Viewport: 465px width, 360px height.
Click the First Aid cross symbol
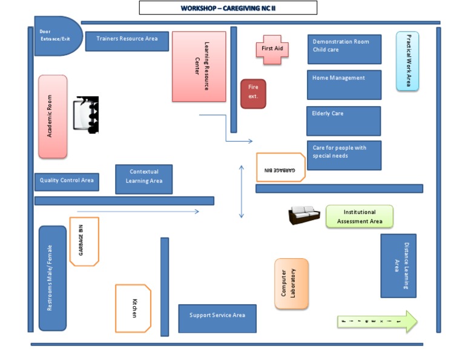point(272,48)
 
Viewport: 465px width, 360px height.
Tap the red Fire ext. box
point(253,94)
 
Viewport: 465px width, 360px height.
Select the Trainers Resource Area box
point(127,40)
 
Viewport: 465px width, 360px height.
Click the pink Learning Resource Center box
point(199,67)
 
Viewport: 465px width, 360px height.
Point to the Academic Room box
point(53,116)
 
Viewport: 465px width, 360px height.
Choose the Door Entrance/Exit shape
point(56,36)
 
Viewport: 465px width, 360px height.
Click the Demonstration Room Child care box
point(344,49)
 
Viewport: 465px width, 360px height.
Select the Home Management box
point(344,85)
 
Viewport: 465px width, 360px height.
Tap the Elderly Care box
point(343,121)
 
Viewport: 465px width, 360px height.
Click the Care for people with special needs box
point(344,155)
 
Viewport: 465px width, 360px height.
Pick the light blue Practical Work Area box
point(407,61)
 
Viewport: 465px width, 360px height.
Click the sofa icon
point(304,215)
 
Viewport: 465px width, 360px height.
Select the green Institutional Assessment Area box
point(359,216)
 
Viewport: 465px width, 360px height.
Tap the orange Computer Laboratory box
point(291,284)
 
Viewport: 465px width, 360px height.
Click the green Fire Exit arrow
point(377,321)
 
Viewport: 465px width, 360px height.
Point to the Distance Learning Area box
point(398,265)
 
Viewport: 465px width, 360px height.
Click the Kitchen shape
point(133,308)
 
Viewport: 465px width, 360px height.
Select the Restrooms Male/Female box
point(53,278)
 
